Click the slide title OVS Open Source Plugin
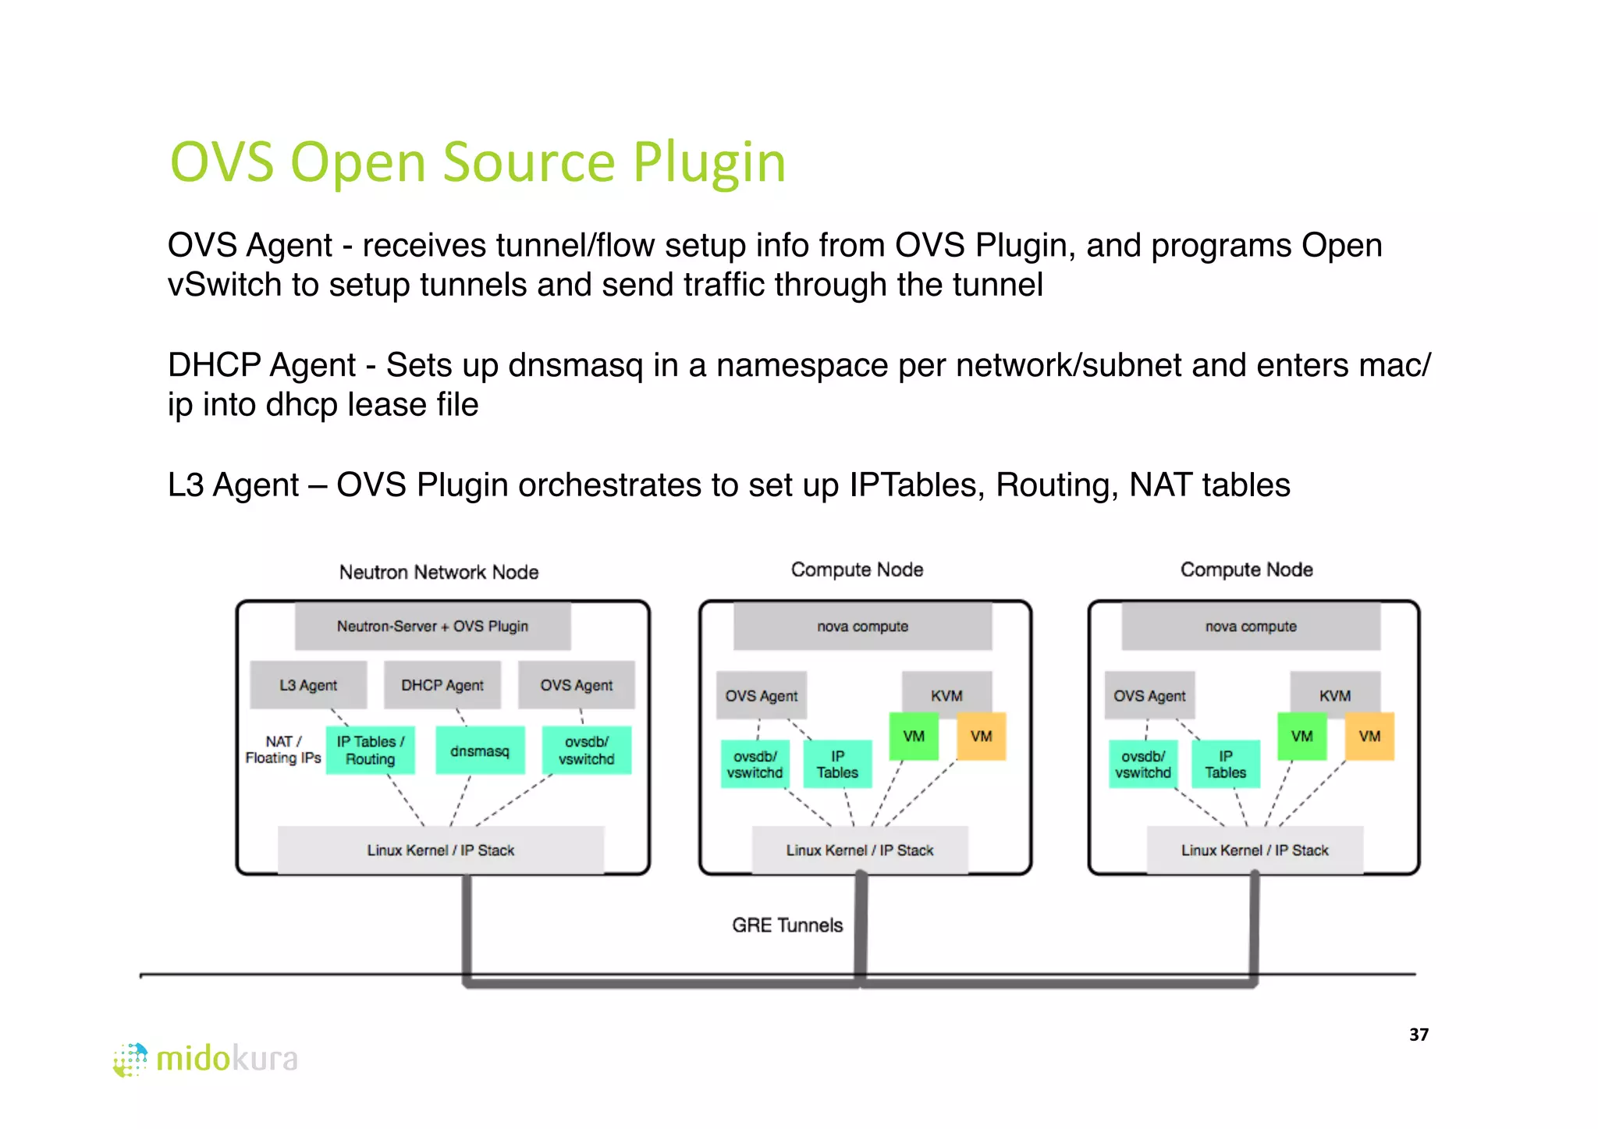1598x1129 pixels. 478,162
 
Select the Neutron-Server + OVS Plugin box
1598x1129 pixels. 432,626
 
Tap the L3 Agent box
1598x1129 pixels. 308,685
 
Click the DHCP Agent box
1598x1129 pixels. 442,685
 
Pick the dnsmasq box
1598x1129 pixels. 479,751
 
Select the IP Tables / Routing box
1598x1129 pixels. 370,751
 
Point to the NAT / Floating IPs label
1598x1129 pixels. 282,749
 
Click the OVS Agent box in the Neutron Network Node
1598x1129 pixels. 576,685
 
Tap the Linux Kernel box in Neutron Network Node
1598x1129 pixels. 441,850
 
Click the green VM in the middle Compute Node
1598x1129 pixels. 913,736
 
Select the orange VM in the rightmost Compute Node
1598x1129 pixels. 1369,736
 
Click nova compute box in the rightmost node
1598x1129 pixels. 1251,626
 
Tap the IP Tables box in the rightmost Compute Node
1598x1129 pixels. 1225,764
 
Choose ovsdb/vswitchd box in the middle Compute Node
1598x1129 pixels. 755,764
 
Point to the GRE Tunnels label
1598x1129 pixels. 787,925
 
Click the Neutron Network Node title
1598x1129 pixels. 439,572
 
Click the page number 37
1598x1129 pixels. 1419,1035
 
